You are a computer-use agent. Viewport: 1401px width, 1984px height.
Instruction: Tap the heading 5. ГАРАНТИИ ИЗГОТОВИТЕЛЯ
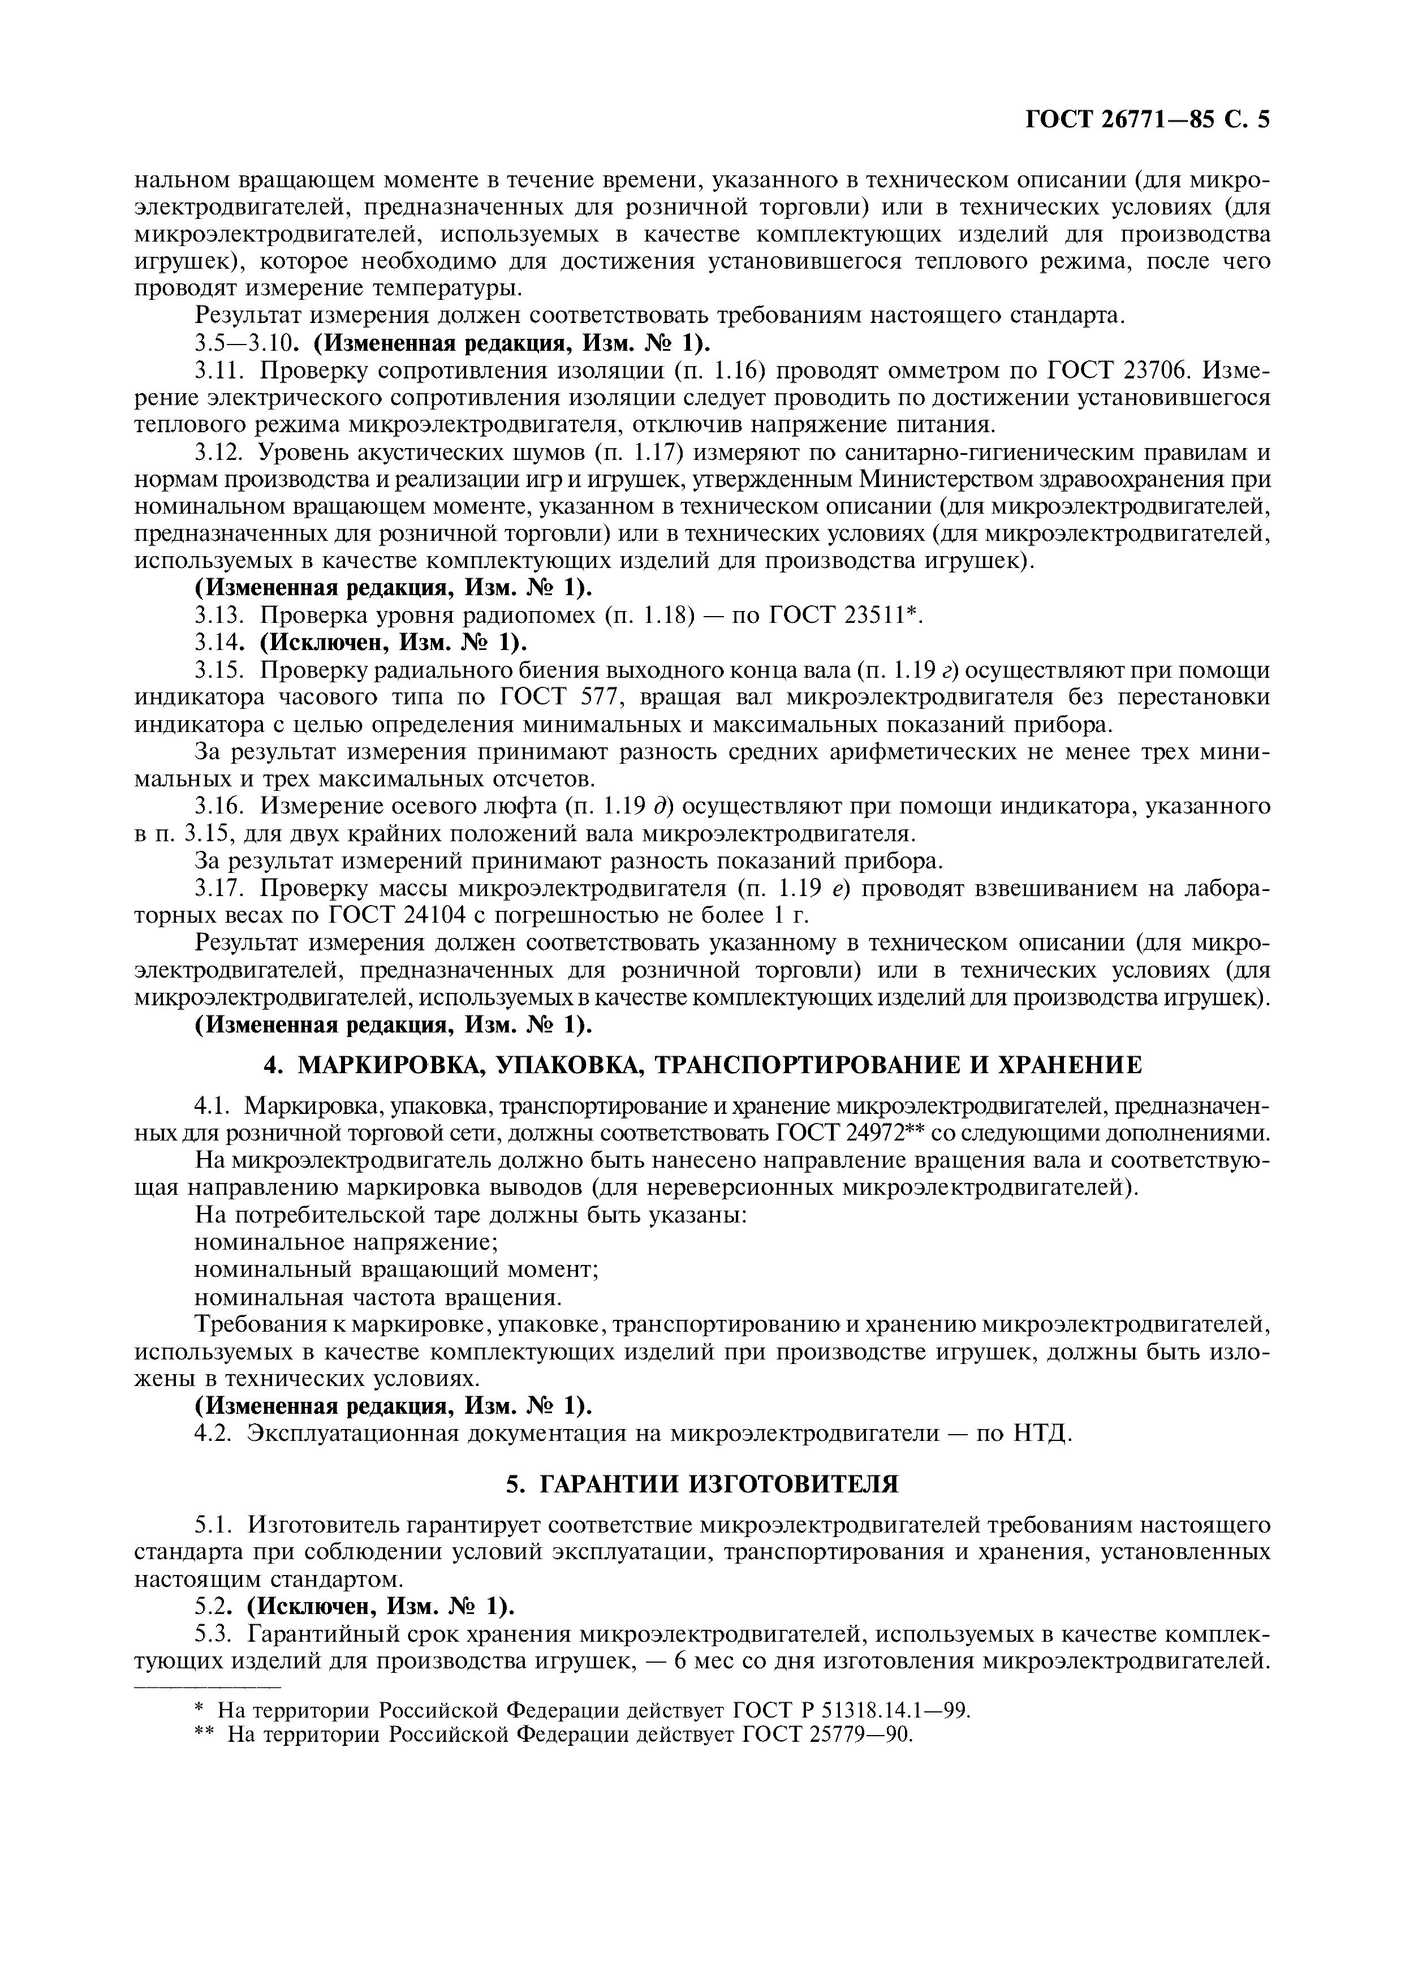pos(701,1484)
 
